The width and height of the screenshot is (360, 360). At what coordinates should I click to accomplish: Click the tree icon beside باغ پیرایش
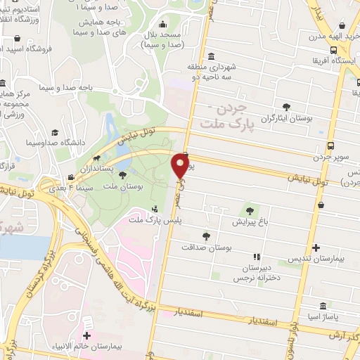[250, 209]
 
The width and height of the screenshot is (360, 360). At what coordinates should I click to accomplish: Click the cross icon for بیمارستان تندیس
[316, 247]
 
